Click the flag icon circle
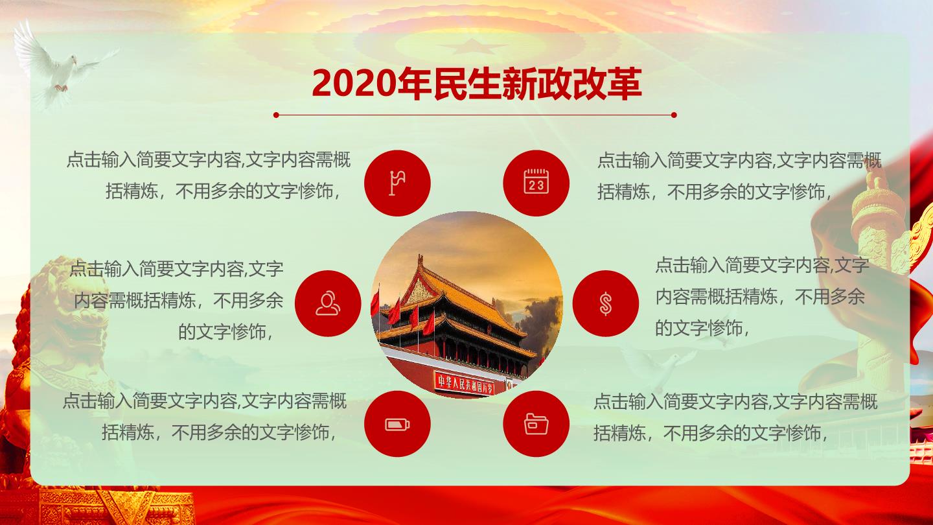tap(397, 183)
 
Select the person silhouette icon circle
tap(328, 303)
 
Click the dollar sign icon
tap(606, 303)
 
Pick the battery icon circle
tap(397, 424)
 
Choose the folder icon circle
tap(536, 424)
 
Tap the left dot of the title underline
tap(276, 115)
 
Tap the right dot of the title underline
tap(674, 115)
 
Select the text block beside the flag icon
tap(208, 176)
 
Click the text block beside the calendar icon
tap(739, 176)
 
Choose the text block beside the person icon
tap(177, 300)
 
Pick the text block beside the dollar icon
tap(762, 297)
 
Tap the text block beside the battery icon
tap(204, 417)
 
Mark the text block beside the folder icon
tap(735, 417)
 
